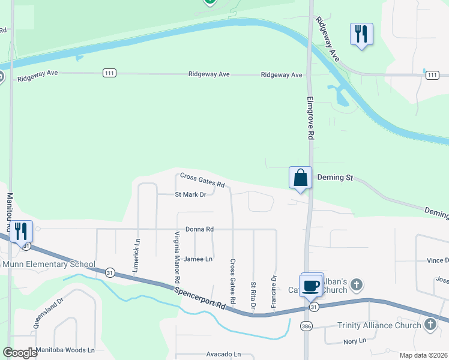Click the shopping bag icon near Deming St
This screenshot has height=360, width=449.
tap(301, 178)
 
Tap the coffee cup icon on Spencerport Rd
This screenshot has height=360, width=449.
tap(311, 285)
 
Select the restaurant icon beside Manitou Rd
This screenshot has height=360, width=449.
tap(20, 231)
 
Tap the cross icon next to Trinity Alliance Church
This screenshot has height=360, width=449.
tap(430, 325)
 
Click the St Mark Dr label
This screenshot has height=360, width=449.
tap(190, 194)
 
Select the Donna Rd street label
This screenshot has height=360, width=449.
tap(200, 229)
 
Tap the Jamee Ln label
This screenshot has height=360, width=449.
tap(198, 259)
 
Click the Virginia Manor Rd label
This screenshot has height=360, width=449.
tap(178, 257)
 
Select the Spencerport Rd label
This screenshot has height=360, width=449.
tap(201, 298)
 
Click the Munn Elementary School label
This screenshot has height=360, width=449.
tap(49, 264)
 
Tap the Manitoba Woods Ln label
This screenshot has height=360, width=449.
tap(65, 350)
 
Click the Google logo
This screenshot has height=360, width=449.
tap(20, 353)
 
